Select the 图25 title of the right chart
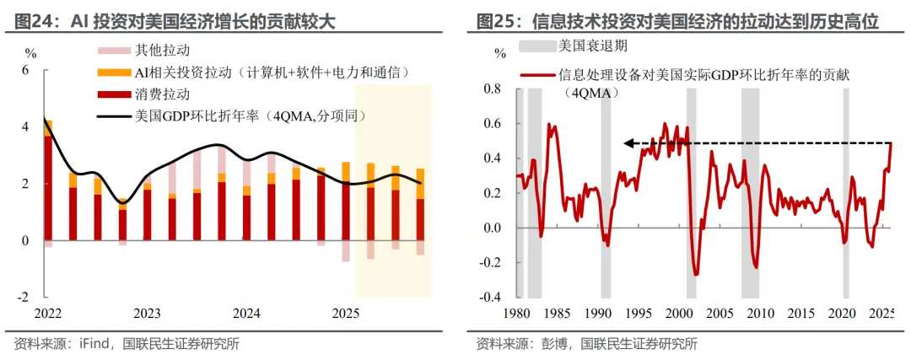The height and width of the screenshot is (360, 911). pos(495,21)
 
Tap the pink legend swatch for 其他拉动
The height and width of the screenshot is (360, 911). pos(111,51)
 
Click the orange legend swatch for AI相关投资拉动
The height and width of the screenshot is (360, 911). pos(111,73)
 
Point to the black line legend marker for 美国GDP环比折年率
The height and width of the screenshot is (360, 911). pos(111,115)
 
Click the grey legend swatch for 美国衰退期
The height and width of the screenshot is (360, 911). pos(534,45)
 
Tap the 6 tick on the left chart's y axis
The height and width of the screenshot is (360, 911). pos(25,70)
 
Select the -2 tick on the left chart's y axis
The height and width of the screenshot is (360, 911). pos(24,298)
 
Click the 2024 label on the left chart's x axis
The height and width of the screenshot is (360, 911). pos(246,314)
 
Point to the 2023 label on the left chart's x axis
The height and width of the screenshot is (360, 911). pos(147,314)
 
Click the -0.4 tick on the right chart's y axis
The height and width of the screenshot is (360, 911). pos(489,298)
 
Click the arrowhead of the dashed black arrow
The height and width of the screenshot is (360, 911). pos(628,143)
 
